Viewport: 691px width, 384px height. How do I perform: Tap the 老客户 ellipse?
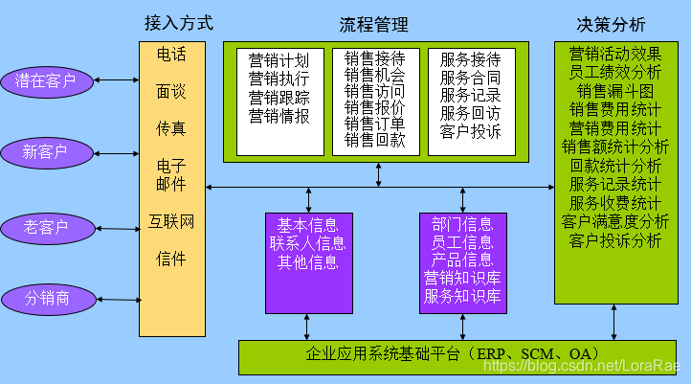tap(47, 227)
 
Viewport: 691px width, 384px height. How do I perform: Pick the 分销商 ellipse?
tap(48, 298)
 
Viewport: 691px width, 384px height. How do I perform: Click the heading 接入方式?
tap(178, 22)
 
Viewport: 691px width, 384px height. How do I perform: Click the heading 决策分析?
tap(611, 23)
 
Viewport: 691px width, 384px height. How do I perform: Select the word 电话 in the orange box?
tap(171, 55)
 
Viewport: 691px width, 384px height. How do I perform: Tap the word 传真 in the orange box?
tap(171, 126)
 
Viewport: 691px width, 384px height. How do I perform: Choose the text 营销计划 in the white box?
tap(279, 59)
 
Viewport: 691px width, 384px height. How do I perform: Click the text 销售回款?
tap(374, 140)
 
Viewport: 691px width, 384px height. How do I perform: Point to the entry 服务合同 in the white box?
tap(470, 78)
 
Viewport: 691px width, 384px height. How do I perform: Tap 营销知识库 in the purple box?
tap(462, 278)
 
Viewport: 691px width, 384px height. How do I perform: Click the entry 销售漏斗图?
tap(614, 91)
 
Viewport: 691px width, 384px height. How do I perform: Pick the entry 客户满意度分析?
tap(614, 221)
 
